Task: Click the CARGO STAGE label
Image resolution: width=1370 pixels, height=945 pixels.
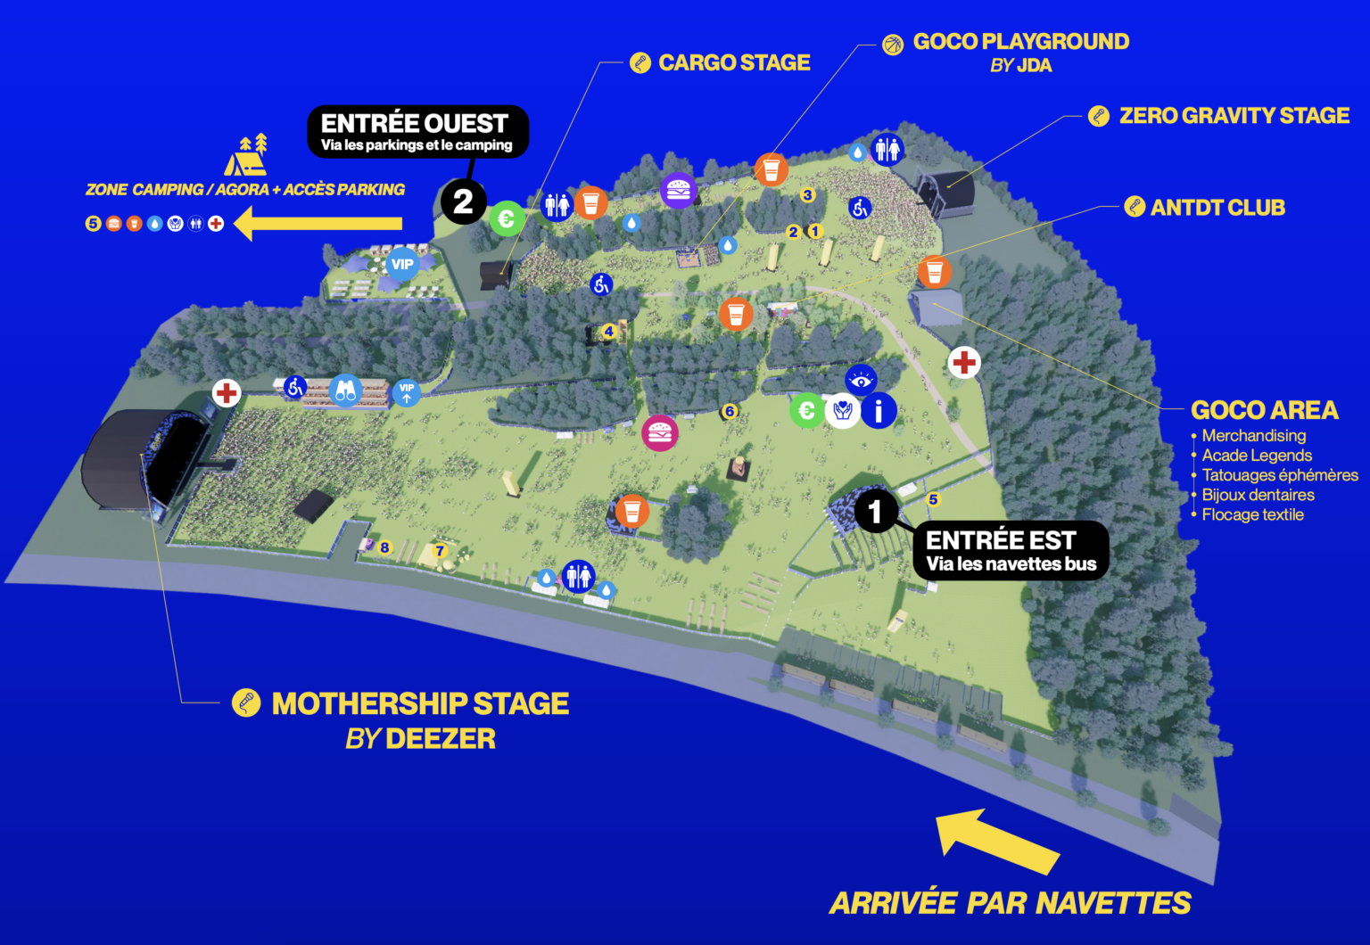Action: pos(733,62)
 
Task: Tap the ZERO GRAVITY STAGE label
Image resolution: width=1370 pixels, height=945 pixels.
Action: pos(1234,116)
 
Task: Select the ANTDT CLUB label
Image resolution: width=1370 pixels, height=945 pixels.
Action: pos(1217,208)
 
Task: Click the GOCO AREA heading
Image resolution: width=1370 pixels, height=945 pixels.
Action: pos(1264,410)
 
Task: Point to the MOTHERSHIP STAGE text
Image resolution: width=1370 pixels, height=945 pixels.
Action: pos(419,703)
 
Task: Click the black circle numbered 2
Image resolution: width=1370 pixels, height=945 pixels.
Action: pos(463,202)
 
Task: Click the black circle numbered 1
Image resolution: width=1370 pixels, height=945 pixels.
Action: pos(876,511)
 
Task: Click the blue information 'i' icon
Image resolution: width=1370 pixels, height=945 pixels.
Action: pos(879,410)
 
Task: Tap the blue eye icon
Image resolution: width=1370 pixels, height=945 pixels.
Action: pos(861,381)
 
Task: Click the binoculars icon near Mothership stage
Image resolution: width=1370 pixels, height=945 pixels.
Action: pos(346,390)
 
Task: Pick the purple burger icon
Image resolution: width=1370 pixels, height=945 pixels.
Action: pos(679,190)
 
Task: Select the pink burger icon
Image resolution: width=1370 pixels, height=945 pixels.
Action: pos(660,433)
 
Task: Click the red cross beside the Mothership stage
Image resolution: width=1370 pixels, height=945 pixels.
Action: pos(227,392)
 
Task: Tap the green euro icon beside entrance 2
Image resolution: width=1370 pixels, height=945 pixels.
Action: pos(507,218)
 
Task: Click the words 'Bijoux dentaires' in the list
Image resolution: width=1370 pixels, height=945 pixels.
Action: pos(1258,495)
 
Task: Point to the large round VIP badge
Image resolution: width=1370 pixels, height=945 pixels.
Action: pos(402,264)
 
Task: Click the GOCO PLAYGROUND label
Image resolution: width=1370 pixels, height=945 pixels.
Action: pos(1020,42)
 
